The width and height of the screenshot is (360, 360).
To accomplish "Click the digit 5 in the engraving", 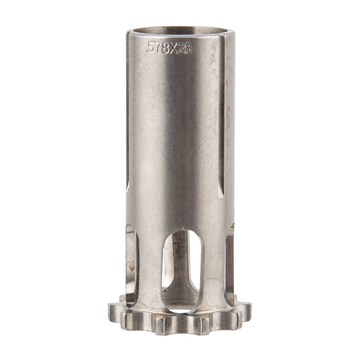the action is tap(151, 47).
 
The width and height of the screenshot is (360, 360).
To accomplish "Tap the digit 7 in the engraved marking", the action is tap(158, 47).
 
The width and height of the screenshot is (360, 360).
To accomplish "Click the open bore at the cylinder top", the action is tap(178, 31).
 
